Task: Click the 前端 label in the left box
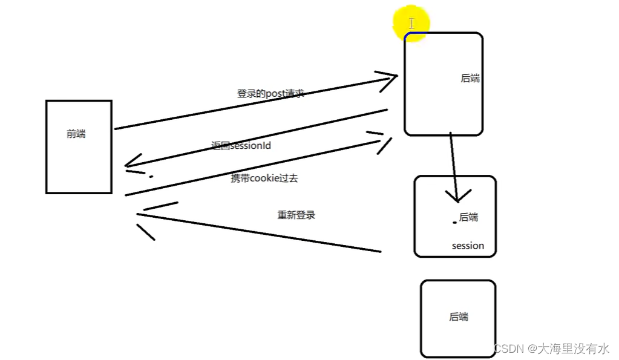[76, 134]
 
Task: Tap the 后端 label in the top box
[470, 78]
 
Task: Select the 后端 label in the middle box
[468, 217]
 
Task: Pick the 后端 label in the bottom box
[459, 316]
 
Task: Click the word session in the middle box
[468, 246]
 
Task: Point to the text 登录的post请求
[270, 94]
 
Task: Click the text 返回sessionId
[245, 146]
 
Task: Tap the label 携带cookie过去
[264, 178]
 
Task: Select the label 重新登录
[296, 215]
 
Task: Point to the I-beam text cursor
[411, 24]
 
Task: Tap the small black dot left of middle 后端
[454, 223]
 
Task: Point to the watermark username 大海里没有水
[574, 349]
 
